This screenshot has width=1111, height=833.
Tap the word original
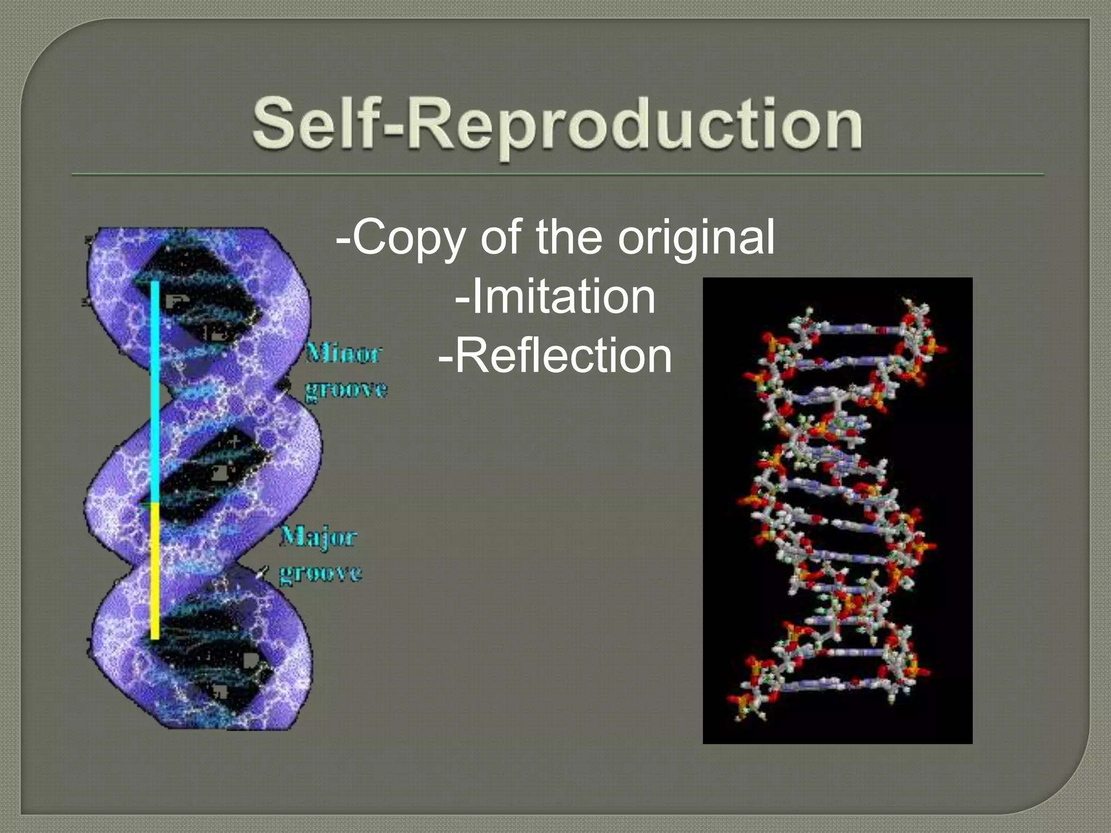pos(696,237)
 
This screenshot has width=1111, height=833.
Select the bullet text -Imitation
pos(555,297)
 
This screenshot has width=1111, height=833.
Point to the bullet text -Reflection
pos(555,356)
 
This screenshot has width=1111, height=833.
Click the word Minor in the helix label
pos(344,354)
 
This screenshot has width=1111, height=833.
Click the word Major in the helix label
pos(318,537)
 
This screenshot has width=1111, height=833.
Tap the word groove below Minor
pos(346,389)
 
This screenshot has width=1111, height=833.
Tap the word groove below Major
pos(320,573)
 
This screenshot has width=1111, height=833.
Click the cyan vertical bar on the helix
pos(155,390)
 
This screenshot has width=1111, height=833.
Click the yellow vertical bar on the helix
pos(155,569)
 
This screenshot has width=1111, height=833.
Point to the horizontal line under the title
pos(557,175)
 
